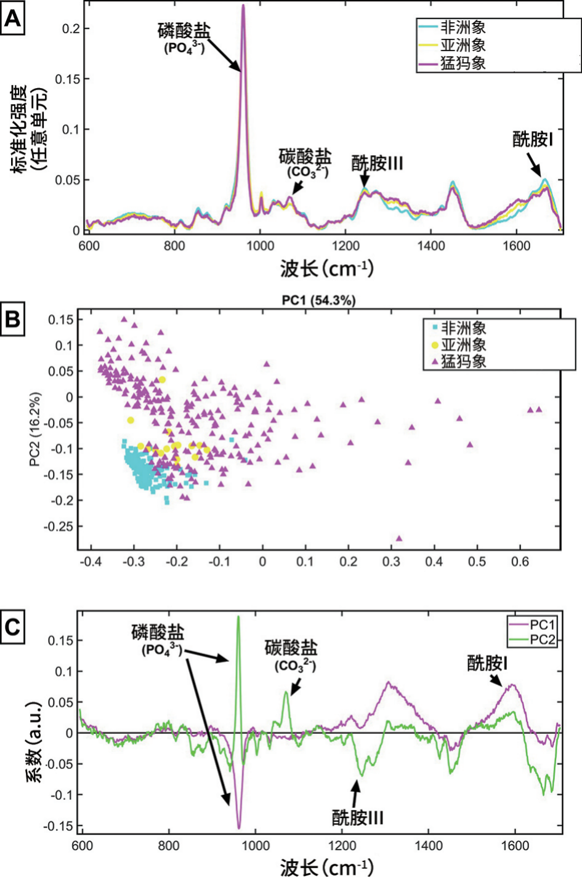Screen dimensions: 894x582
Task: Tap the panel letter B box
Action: point(13,319)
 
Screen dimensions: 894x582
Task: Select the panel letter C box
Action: point(13,627)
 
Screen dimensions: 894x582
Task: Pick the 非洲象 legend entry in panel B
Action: point(459,328)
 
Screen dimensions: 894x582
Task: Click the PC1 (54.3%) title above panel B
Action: point(318,300)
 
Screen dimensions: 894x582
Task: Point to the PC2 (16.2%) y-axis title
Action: point(35,429)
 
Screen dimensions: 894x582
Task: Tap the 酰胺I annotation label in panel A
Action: point(533,140)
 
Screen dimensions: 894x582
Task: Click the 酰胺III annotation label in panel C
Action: point(358,818)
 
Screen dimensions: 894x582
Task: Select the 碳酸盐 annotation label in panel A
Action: point(305,156)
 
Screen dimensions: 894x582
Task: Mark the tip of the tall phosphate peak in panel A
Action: point(243,6)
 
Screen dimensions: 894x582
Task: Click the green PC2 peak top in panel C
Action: point(238,616)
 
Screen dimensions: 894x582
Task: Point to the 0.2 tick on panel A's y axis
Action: point(72,28)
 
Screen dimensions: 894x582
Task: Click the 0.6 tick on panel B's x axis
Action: point(520,562)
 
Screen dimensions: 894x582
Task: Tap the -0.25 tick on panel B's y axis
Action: point(59,526)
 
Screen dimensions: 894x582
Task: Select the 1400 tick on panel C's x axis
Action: point(428,845)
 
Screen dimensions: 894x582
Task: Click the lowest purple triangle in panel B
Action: point(399,538)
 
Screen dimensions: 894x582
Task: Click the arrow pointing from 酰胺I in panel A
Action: point(535,165)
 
